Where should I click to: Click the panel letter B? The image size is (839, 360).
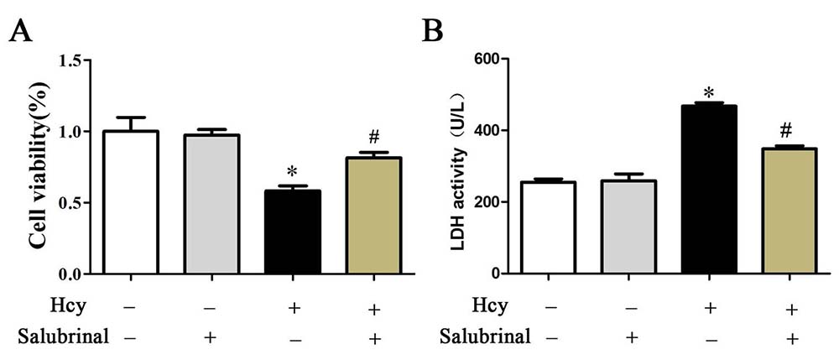[x=433, y=34]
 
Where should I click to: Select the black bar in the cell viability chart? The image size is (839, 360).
[x=293, y=232]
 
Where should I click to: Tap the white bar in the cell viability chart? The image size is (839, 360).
[x=130, y=202]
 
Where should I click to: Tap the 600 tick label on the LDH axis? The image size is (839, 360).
[x=489, y=59]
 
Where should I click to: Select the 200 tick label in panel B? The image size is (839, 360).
[x=489, y=202]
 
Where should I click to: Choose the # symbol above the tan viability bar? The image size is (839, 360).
[x=373, y=138]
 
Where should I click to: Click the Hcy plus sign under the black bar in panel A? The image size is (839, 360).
[x=293, y=308]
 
